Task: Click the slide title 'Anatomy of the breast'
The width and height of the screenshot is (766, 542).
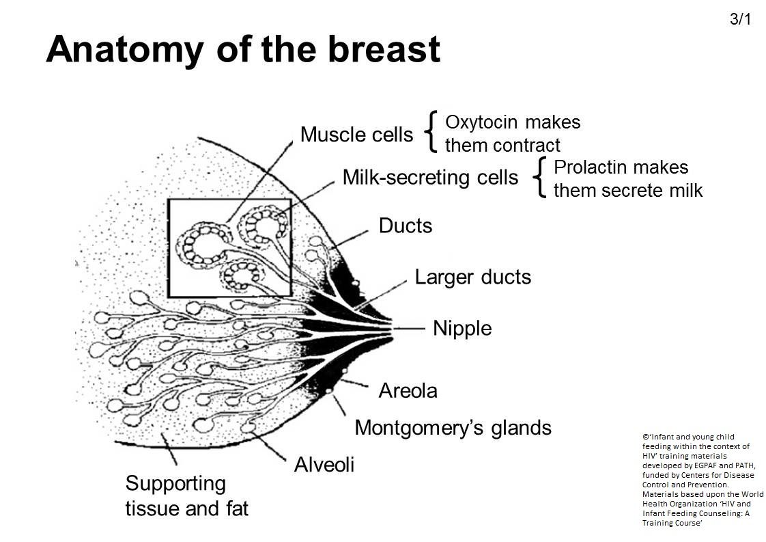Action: pos(242,49)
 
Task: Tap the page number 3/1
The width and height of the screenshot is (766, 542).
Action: pos(740,19)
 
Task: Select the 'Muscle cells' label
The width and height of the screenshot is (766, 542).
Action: pos(356,135)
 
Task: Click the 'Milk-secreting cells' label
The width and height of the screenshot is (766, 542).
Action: pos(430,178)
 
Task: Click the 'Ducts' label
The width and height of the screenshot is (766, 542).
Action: pos(406,226)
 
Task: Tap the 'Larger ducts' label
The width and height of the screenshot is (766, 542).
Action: pos(472,277)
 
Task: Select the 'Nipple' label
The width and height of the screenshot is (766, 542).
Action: pos(462,329)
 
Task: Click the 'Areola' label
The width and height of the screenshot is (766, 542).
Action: pos(408,391)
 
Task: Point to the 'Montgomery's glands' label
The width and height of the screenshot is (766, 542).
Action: pos(453,428)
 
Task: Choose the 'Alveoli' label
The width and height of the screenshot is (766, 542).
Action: pos(324,465)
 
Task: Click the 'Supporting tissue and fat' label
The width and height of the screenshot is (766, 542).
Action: pos(186,496)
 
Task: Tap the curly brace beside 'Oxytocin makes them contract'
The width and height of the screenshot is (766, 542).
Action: pos(431,132)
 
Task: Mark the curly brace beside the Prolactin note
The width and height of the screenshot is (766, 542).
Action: pos(541,178)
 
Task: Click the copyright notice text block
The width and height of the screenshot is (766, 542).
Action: pos(703,479)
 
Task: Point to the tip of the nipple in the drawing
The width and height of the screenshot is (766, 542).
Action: pos(391,329)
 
